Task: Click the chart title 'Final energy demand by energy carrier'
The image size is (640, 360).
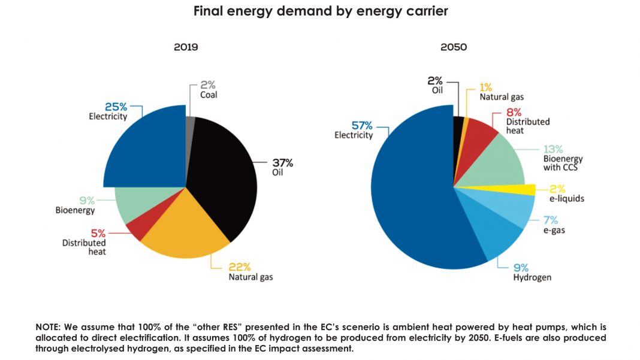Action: [320, 11]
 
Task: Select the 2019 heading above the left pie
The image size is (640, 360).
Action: [186, 47]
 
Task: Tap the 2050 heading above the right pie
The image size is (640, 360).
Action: [454, 47]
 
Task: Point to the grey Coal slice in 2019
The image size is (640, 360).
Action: [191, 126]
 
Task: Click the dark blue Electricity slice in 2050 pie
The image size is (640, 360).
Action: [407, 192]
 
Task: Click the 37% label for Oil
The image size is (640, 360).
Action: [283, 163]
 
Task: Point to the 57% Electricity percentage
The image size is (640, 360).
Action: [362, 125]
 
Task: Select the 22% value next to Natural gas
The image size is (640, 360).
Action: [240, 267]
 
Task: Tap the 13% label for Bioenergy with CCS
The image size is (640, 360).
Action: [553, 149]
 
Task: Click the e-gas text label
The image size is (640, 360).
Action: [554, 231]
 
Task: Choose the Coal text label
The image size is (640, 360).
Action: [209, 95]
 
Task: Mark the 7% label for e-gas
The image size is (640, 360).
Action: [550, 220]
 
